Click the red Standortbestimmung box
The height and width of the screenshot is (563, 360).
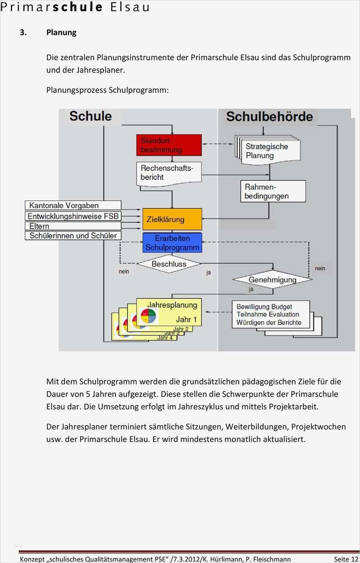[x=169, y=145]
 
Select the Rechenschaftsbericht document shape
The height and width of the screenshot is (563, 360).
[x=169, y=173]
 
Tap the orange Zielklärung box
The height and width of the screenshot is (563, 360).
[x=172, y=219]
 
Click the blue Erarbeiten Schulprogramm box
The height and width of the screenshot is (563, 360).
[x=172, y=243]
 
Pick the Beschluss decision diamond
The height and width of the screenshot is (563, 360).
[x=169, y=264]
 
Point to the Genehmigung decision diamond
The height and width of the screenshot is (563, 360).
[x=272, y=280]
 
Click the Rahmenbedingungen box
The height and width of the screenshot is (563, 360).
[x=273, y=191]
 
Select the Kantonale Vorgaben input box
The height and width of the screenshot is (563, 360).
[x=73, y=205]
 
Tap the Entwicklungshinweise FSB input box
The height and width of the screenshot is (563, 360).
[x=73, y=216]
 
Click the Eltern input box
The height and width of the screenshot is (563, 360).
[x=73, y=226]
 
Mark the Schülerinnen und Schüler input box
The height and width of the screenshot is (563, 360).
[x=73, y=236]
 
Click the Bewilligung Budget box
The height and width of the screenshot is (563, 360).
[x=271, y=314]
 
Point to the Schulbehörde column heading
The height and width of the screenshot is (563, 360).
[x=269, y=117]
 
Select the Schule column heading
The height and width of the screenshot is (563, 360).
[x=90, y=116]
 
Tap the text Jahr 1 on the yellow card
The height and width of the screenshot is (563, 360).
[x=186, y=319]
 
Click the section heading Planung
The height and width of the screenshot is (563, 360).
[x=61, y=33]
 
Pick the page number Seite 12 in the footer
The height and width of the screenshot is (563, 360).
[x=346, y=559]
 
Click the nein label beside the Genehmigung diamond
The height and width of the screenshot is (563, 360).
[x=320, y=268]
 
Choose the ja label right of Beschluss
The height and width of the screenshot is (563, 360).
[x=208, y=273]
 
